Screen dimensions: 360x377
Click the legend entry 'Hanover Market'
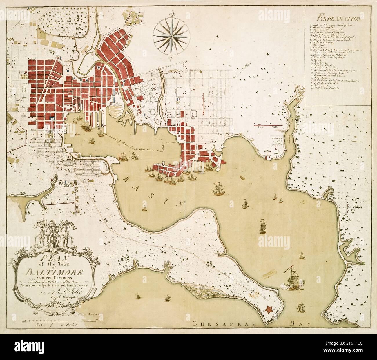coord(319,29)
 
